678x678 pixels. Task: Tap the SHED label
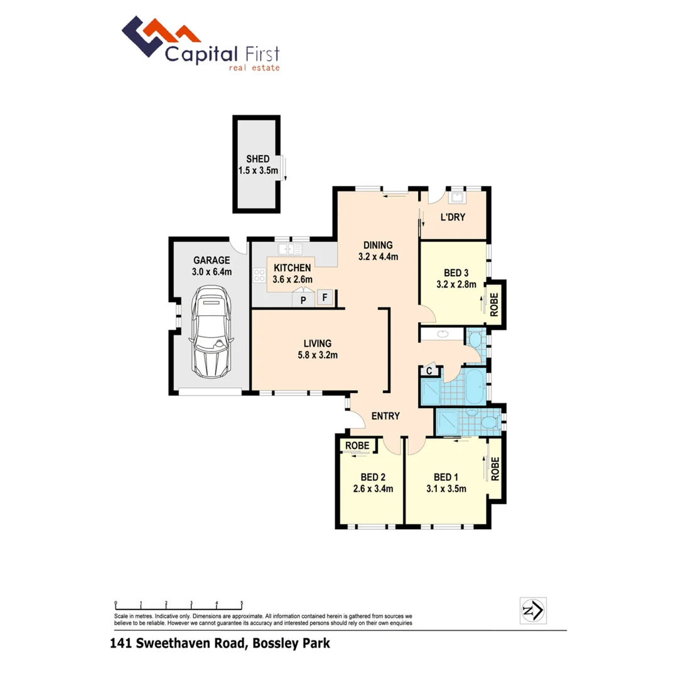click(x=257, y=159)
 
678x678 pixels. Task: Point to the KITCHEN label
click(x=292, y=268)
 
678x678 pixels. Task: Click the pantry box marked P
click(x=303, y=300)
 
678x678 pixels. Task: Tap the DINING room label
click(x=379, y=245)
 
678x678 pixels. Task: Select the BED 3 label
click(x=456, y=272)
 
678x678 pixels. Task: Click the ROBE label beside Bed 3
click(x=495, y=305)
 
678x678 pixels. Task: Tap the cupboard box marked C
click(x=429, y=371)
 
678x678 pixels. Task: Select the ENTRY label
click(x=385, y=416)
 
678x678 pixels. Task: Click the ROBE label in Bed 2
click(x=355, y=446)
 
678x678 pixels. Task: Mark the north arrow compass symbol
click(x=534, y=609)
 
